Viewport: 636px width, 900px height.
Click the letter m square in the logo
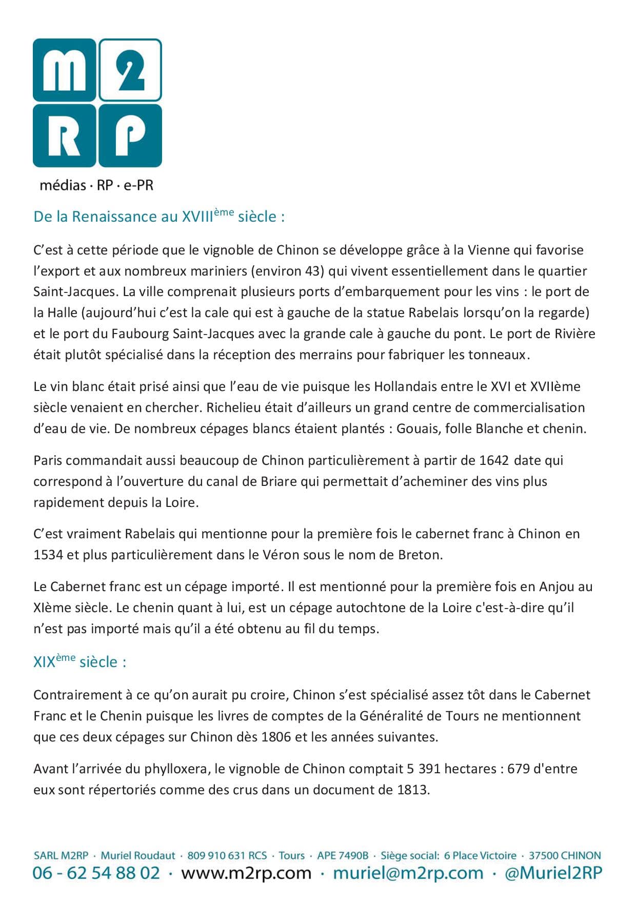pos(64,70)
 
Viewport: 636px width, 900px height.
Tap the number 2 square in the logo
pos(130,70)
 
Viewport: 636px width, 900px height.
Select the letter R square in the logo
pos(64,136)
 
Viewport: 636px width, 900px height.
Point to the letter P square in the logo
pos(130,136)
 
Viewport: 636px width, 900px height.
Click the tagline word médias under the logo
pos(63,185)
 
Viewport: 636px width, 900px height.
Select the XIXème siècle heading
pos(79,662)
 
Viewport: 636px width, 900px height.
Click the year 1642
pos(494,460)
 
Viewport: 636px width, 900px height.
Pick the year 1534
pos(48,555)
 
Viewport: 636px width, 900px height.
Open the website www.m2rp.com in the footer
pos(246,873)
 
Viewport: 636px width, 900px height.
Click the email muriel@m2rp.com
pos(408,873)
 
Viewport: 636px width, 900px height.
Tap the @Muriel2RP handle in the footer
pos(553,873)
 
